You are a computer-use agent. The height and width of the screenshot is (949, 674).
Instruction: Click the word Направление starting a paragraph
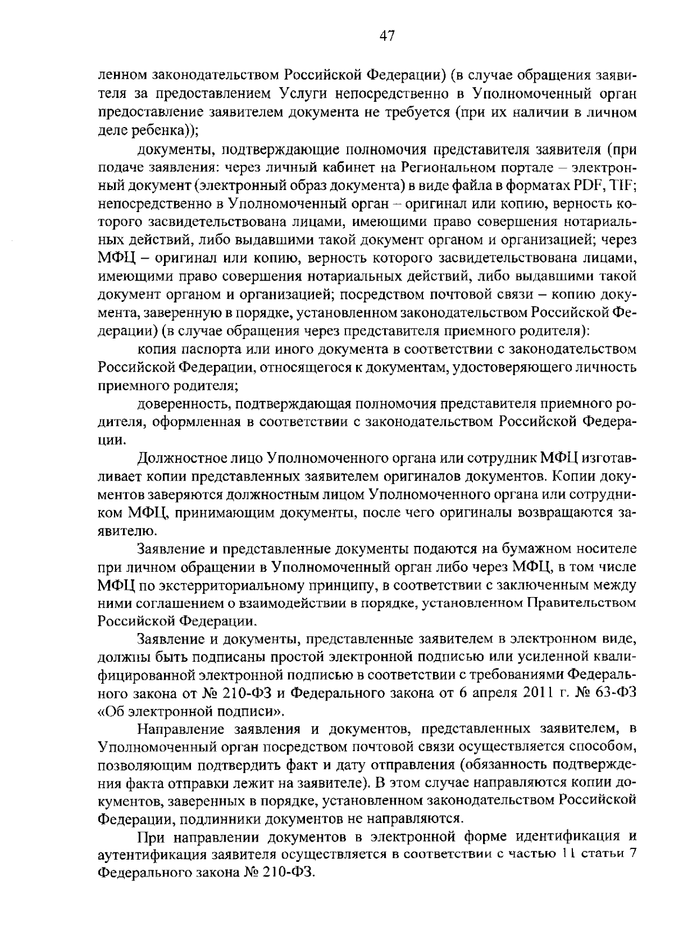click(x=179, y=730)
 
